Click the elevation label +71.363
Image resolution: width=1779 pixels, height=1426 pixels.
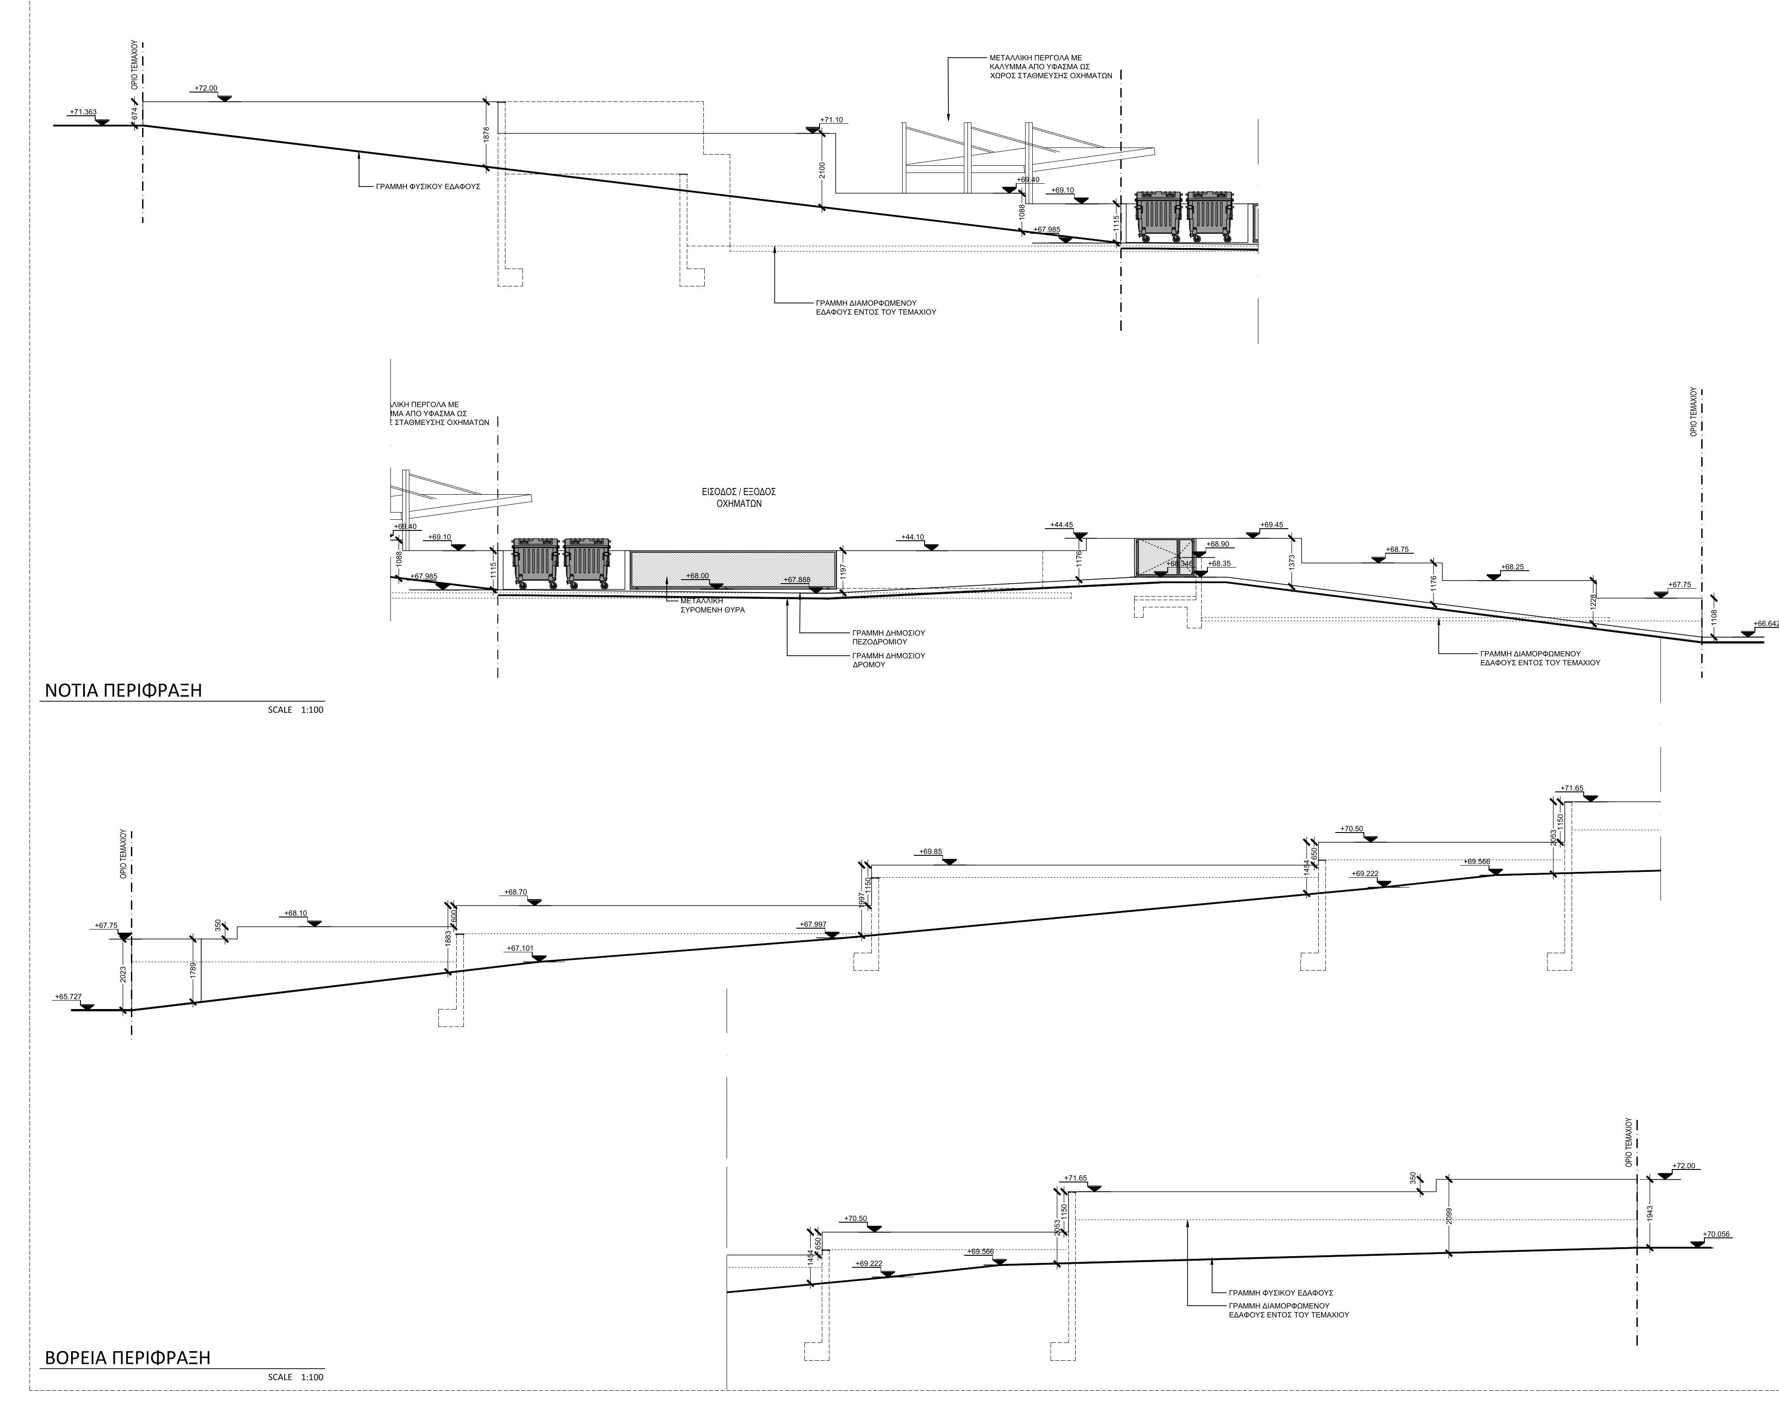pyautogui.click(x=83, y=112)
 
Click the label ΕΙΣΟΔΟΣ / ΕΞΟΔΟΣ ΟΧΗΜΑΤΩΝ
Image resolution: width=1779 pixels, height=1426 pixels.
pyautogui.click(x=739, y=498)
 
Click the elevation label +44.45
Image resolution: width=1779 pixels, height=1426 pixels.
pyautogui.click(x=1061, y=525)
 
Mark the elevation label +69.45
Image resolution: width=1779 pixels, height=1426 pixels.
pyautogui.click(x=1271, y=525)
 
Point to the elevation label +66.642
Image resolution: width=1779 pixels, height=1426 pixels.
pyautogui.click(x=1765, y=624)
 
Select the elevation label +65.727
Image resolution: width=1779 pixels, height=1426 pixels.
pyautogui.click(x=68, y=997)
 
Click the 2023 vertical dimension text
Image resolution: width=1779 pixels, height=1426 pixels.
pyautogui.click(x=123, y=975)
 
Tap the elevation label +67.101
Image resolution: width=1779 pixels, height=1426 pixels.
pyautogui.click(x=520, y=948)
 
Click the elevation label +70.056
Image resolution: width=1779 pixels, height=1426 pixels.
pyautogui.click(x=1716, y=1235)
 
